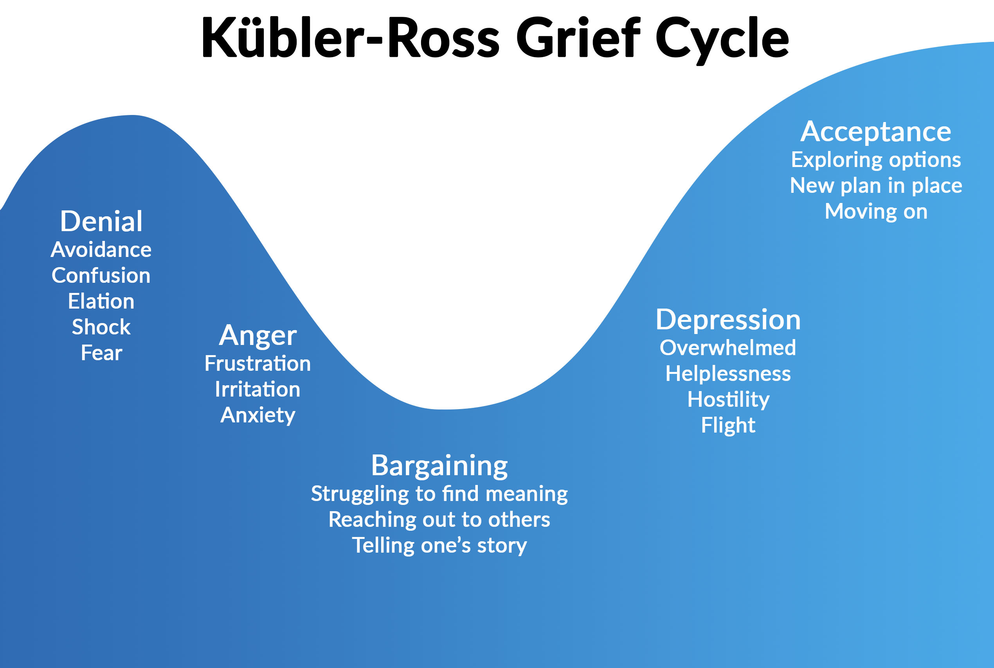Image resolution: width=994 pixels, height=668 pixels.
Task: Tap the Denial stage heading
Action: click(x=101, y=221)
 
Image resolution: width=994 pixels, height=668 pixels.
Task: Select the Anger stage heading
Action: click(x=258, y=335)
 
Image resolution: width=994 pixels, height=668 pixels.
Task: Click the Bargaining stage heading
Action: click(x=439, y=466)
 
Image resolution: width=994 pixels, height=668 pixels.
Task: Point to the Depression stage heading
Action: click(x=728, y=320)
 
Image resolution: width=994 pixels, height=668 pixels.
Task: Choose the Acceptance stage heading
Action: click(x=876, y=132)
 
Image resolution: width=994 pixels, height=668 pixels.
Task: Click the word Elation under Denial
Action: click(x=101, y=302)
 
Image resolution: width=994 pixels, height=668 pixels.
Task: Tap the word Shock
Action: click(x=101, y=327)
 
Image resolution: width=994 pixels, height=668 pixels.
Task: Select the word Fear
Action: click(x=101, y=353)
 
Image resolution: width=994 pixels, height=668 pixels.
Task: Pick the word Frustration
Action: click(x=258, y=364)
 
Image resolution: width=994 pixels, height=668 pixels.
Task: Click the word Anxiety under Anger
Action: click(x=258, y=415)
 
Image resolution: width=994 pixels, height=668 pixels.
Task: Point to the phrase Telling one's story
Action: click(x=439, y=546)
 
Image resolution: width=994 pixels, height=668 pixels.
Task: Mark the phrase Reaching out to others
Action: click(x=439, y=520)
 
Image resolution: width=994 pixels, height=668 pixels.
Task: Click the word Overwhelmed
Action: click(x=728, y=348)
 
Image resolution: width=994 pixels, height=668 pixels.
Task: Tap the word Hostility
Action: click(x=728, y=400)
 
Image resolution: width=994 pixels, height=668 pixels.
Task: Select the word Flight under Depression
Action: click(x=728, y=426)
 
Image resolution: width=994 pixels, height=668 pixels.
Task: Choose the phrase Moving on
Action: click(x=876, y=212)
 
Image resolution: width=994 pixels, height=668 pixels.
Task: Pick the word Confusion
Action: click(x=101, y=276)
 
